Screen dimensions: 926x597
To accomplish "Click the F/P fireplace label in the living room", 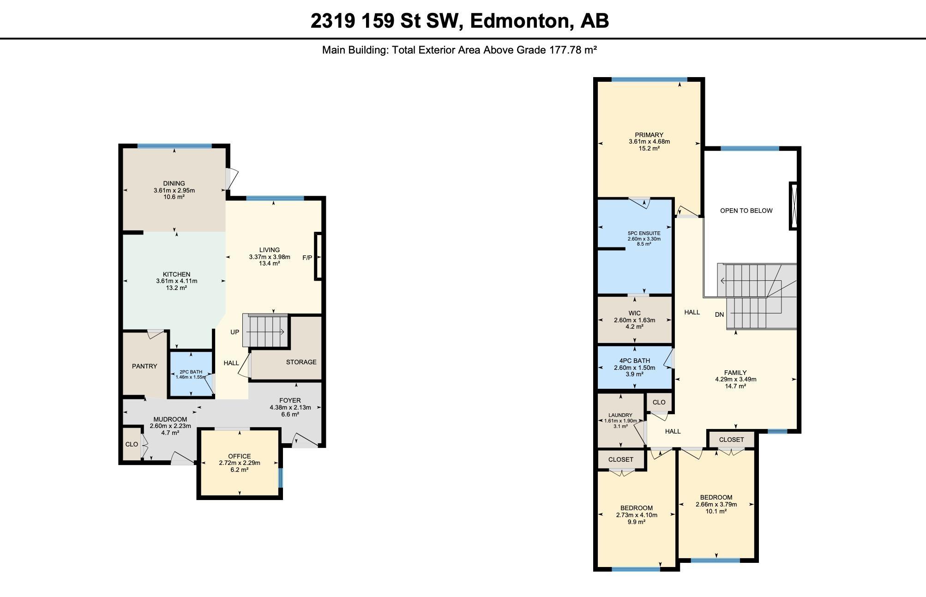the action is click(x=307, y=258).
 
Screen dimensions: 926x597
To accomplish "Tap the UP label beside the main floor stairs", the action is click(x=235, y=332).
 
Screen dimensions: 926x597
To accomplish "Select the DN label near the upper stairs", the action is click(x=719, y=315).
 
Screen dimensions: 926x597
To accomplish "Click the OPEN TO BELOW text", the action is click(x=746, y=211).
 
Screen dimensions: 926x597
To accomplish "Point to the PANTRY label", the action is click(x=144, y=366).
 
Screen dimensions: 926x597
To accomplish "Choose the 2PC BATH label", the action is click(x=191, y=372).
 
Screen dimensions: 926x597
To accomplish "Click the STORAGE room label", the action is click(x=301, y=362).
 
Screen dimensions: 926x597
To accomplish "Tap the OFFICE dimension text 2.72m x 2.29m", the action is click(x=240, y=463).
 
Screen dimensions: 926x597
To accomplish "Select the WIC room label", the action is click(x=634, y=314).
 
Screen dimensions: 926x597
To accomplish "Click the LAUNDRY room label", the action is click(x=620, y=415).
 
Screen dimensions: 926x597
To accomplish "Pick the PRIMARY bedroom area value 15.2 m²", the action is click(x=649, y=149).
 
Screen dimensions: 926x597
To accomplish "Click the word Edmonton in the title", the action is click(x=519, y=21).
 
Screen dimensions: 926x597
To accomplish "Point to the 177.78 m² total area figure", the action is click(x=573, y=50).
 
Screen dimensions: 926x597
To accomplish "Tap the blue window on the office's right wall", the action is click(x=280, y=478).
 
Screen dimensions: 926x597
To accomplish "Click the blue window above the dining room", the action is click(x=174, y=146).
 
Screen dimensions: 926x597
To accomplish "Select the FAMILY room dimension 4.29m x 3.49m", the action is click(x=735, y=380).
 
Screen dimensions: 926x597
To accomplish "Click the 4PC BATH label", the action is click(x=634, y=361).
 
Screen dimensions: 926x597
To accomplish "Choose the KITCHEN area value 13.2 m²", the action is click(x=176, y=288).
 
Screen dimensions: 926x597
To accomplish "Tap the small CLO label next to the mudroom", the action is click(x=132, y=444).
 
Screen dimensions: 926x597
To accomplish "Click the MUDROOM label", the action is click(x=170, y=419).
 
